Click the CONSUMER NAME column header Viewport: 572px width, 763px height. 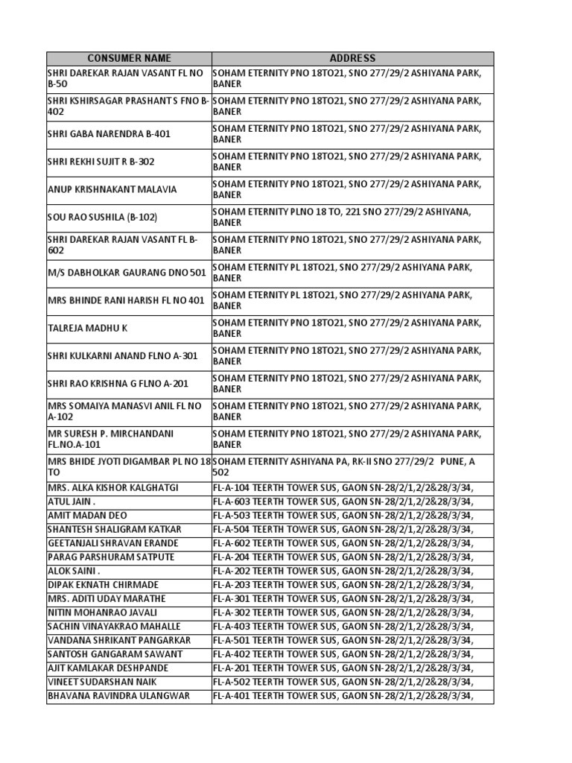pyautogui.click(x=129, y=58)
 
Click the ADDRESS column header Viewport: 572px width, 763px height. pyautogui.click(x=352, y=58)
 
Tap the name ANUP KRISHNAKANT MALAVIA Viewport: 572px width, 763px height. pyautogui.click(x=112, y=189)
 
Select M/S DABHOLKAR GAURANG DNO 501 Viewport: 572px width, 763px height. pyautogui.click(x=126, y=273)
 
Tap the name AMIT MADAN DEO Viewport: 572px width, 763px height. pyautogui.click(x=86, y=516)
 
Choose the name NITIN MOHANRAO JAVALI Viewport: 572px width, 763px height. pyautogui.click(x=103, y=612)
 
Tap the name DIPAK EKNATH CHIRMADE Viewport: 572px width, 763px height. pyautogui.click(x=103, y=585)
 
